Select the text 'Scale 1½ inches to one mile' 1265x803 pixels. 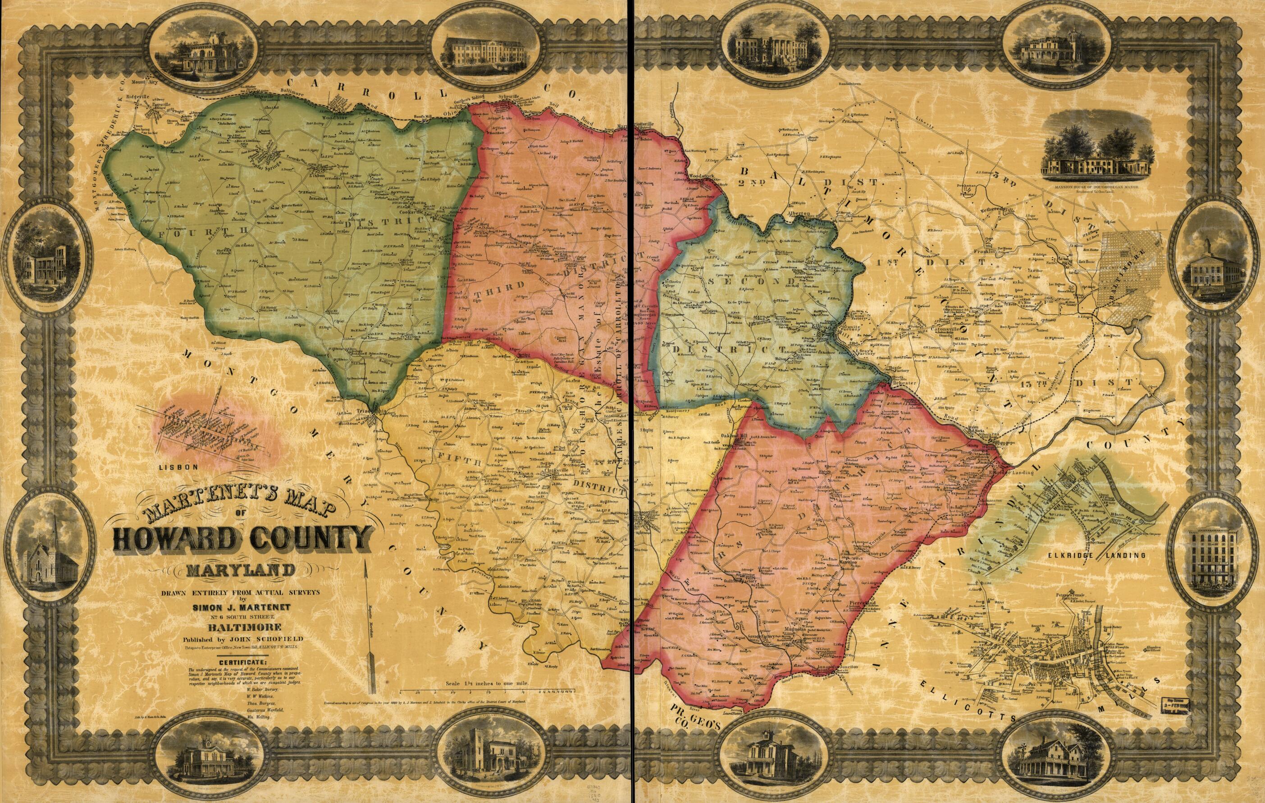[486, 684]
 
